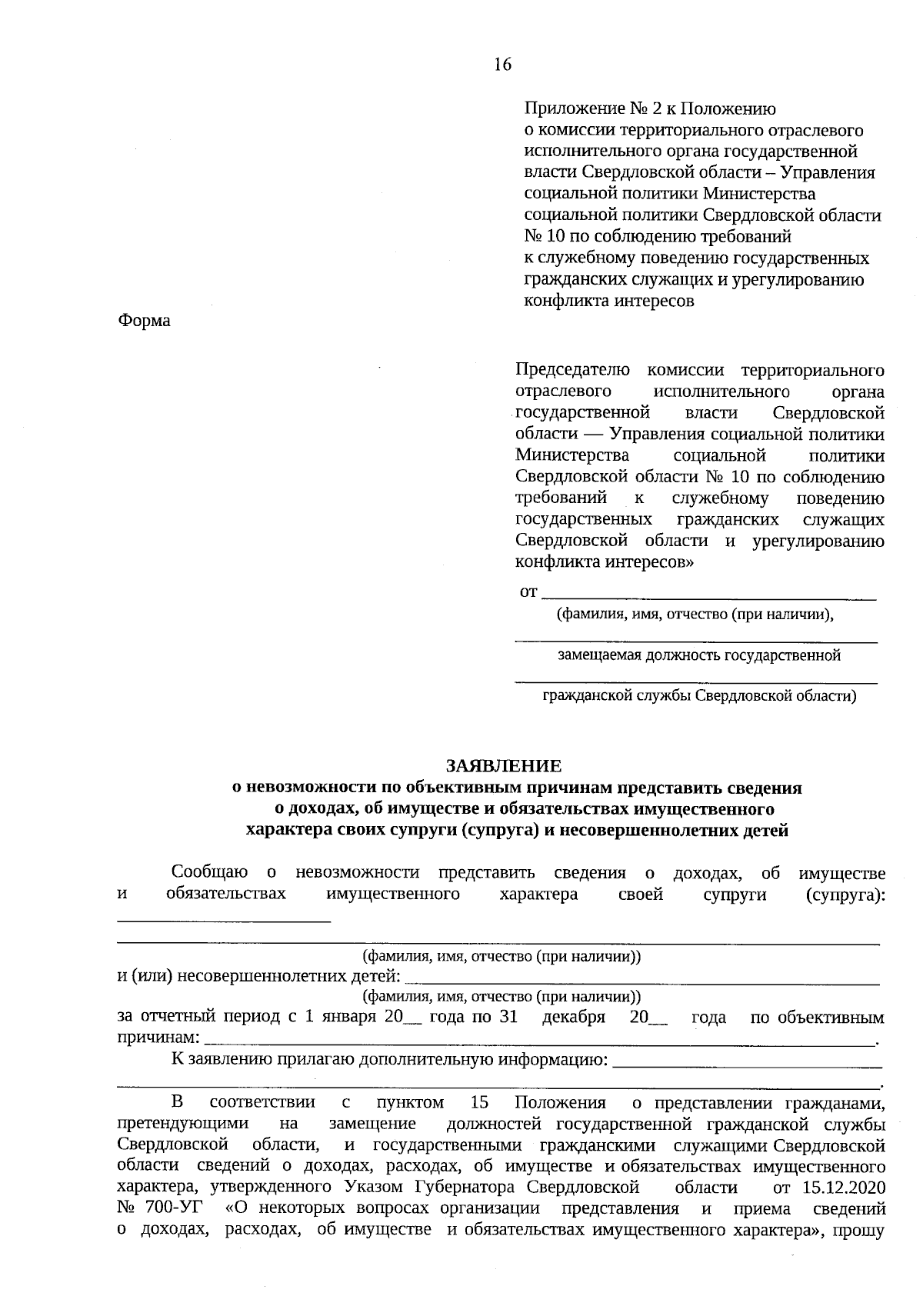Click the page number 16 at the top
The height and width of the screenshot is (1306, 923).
(502, 65)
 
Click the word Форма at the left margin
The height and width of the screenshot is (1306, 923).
(144, 321)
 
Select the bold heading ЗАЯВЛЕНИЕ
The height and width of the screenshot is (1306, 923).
(504, 766)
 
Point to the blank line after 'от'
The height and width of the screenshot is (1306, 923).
(708, 594)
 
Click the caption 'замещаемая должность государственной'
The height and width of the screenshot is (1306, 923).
(698, 655)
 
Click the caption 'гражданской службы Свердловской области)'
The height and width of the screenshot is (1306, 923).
(698, 696)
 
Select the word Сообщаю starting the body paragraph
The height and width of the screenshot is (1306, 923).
(209, 873)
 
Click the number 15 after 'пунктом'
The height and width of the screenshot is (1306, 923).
(478, 1102)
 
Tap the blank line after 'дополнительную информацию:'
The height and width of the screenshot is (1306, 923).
(746, 1063)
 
